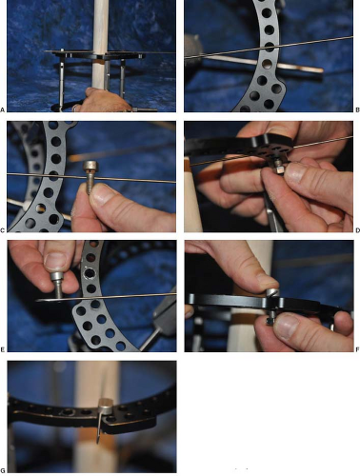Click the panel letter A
tap(3, 110)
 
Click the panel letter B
tap(357, 110)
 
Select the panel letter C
tap(3, 230)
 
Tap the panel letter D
tap(357, 230)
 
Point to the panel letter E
tap(3, 349)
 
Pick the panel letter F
tap(357, 349)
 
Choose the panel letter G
tap(3, 470)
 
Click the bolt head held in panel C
tap(90, 168)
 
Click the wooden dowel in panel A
tap(101, 45)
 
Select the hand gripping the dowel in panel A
tap(104, 100)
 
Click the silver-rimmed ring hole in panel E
tap(90, 273)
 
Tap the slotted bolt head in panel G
tap(106, 407)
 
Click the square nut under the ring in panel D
tap(279, 169)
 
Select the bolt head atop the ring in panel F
tap(272, 292)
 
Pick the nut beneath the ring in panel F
tap(270, 321)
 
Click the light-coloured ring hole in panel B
tap(268, 65)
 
